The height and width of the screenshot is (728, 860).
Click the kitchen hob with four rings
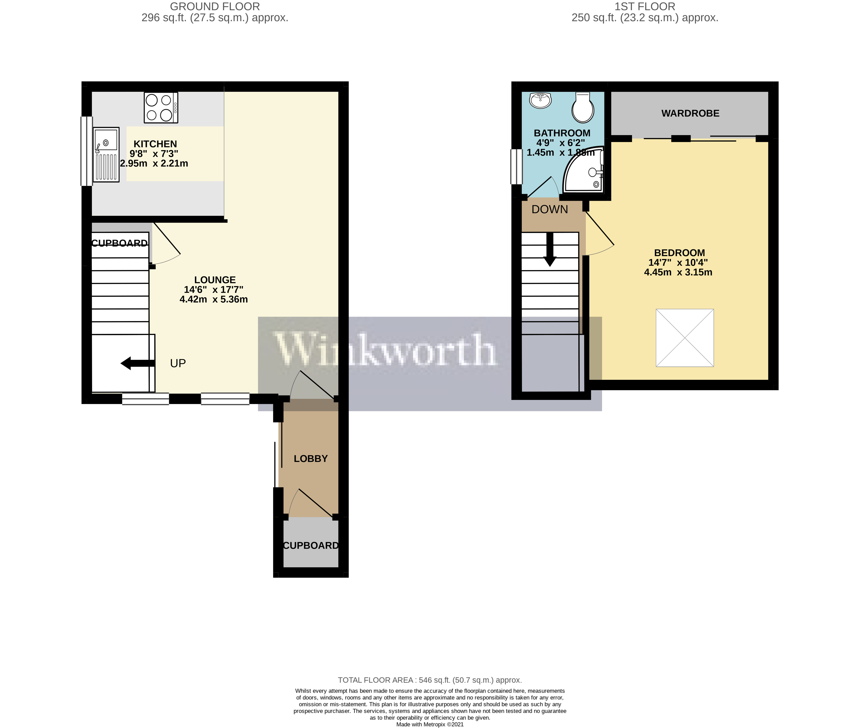click(x=161, y=107)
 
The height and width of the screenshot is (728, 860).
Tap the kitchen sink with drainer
click(x=106, y=154)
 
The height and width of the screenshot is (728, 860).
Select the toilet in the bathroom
click(x=583, y=107)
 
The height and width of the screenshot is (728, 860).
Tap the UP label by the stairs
click(x=178, y=363)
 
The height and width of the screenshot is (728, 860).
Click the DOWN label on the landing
click(x=550, y=209)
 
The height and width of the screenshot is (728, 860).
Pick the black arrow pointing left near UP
click(x=137, y=363)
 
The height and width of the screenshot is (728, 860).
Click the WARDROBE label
click(x=690, y=113)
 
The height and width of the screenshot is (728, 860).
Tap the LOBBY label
click(x=311, y=458)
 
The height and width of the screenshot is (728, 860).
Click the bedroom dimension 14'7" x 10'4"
click(x=678, y=262)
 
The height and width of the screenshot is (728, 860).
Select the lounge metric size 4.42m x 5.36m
click(x=214, y=299)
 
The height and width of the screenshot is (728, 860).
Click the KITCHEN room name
click(x=155, y=144)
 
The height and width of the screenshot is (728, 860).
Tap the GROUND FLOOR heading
click(x=215, y=7)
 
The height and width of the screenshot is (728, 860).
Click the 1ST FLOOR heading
click(x=645, y=7)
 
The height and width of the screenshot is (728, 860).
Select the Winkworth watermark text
click(x=385, y=350)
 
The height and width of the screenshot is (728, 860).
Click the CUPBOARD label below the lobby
click(x=311, y=546)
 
